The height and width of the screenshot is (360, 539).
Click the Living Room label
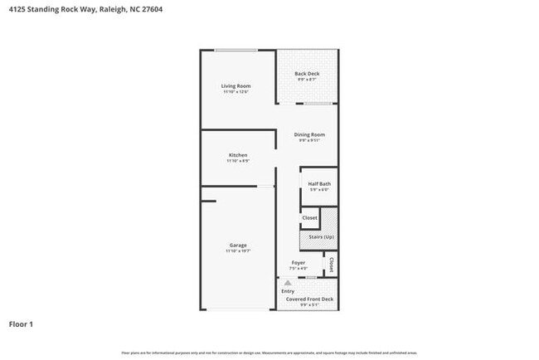236,86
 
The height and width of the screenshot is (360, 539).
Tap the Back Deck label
307,74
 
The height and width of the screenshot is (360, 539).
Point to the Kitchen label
238,155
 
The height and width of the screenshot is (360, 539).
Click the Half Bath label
319,184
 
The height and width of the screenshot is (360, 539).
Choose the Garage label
238,245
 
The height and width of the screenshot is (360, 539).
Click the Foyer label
298,263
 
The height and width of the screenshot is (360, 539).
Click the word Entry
288,291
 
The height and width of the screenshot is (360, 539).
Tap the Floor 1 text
21,324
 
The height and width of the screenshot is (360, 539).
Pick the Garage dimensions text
238,251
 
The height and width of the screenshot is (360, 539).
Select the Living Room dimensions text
236,92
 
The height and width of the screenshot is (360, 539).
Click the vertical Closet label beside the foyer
331,264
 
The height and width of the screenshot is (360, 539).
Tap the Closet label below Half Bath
309,218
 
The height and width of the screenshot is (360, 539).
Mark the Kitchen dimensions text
238,161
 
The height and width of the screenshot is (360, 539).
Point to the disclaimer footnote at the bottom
269,353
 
